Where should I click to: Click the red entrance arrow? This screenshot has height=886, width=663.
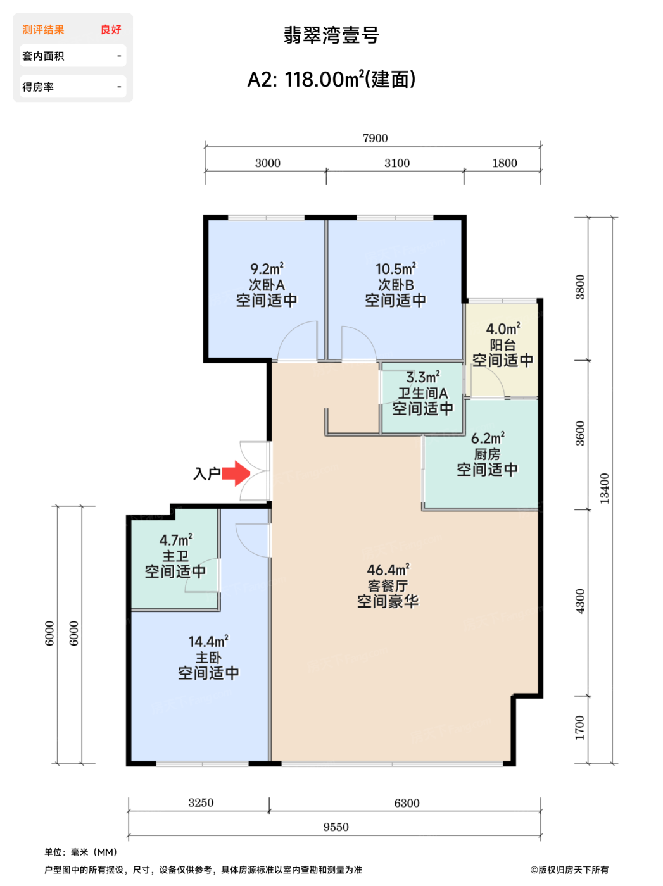point(236,473)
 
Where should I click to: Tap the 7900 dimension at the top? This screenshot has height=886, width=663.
point(375,139)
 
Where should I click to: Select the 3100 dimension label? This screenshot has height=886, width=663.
point(396,163)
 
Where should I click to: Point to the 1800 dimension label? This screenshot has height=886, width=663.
point(504,163)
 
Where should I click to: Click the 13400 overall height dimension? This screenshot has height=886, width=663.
point(604,489)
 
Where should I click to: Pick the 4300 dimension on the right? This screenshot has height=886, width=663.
point(580,601)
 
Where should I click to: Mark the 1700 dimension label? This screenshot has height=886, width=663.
point(580,728)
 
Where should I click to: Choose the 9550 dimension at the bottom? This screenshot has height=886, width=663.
point(336,827)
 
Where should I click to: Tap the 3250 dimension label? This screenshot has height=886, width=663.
point(201,802)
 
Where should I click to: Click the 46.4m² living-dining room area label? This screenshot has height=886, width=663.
point(388,570)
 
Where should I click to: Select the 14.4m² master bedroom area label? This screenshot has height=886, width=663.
point(208,641)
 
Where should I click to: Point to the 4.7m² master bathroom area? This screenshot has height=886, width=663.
point(175,540)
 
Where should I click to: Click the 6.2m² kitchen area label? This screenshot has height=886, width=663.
point(488,437)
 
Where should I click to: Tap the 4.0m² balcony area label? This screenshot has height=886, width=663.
point(503,328)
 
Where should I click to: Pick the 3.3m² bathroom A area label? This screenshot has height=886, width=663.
point(423,377)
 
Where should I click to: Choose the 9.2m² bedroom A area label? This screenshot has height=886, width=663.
point(267,268)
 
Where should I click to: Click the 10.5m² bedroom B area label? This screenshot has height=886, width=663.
point(395,268)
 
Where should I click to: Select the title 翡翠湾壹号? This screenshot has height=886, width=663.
point(331,35)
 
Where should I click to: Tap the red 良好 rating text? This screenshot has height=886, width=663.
point(111,30)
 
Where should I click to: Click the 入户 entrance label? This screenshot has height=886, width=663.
point(206,473)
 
